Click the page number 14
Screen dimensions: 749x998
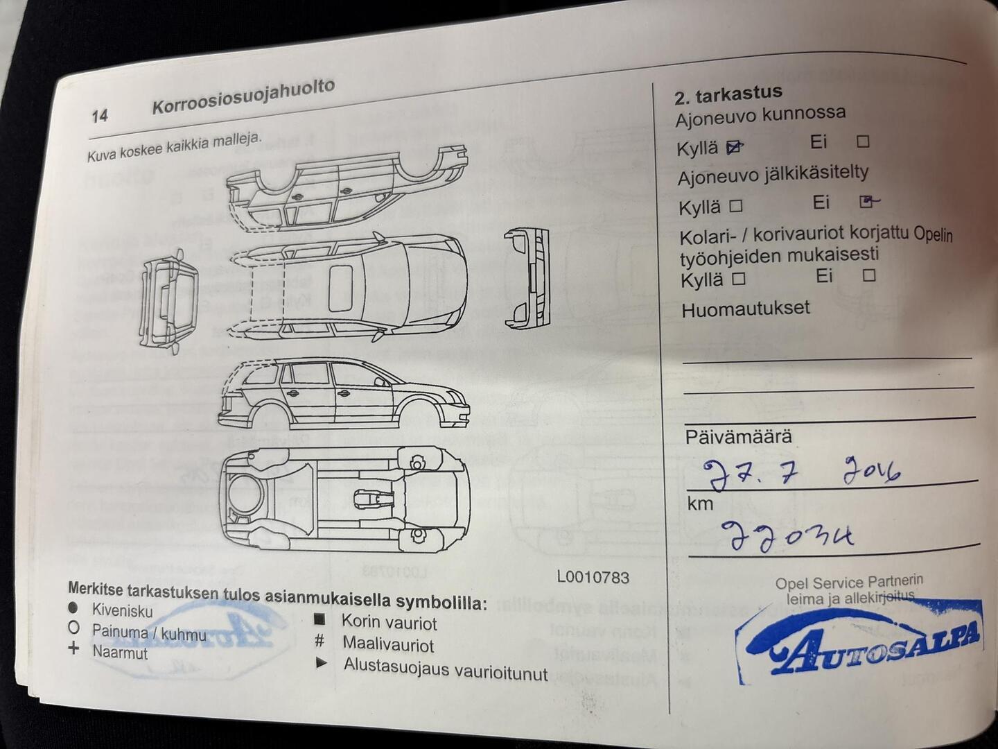point(100,116)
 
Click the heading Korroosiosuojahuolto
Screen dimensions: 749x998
point(243,96)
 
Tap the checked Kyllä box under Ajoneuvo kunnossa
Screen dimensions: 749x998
point(734,147)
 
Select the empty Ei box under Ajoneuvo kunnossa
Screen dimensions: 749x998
point(863,141)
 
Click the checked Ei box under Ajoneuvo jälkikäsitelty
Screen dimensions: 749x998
point(866,202)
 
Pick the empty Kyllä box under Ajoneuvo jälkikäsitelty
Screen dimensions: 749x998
point(736,206)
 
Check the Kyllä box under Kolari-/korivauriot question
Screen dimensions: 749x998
point(739,279)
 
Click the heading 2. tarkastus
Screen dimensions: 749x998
point(728,94)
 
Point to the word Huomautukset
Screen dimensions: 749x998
point(745,309)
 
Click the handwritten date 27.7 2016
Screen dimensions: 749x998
point(800,474)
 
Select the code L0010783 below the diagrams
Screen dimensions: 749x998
point(593,577)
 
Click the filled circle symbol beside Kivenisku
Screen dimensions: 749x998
point(73,608)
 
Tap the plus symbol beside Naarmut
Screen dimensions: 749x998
point(74,649)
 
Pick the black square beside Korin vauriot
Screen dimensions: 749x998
point(319,619)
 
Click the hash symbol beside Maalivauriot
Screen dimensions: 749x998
point(319,641)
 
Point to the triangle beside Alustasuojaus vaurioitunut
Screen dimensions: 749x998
point(321,663)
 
